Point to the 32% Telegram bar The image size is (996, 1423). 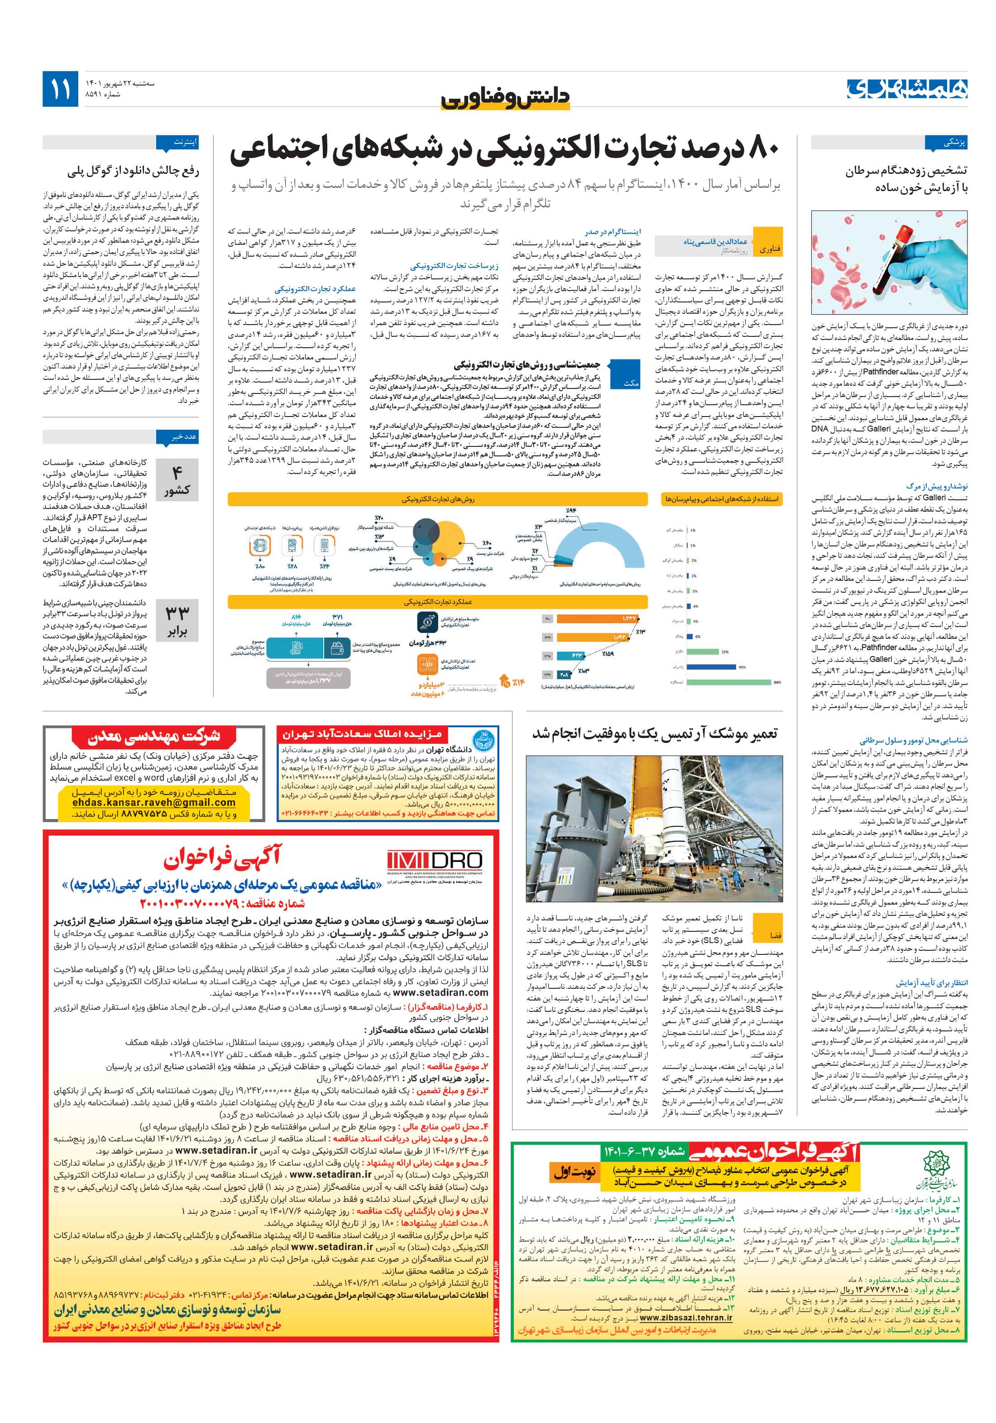pyautogui.click(x=701, y=652)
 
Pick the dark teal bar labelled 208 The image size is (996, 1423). pyautogui.click(x=565, y=674)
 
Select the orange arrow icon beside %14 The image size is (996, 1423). pyautogui.click(x=506, y=682)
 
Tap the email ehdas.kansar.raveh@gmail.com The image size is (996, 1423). pyautogui.click(x=154, y=802)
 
